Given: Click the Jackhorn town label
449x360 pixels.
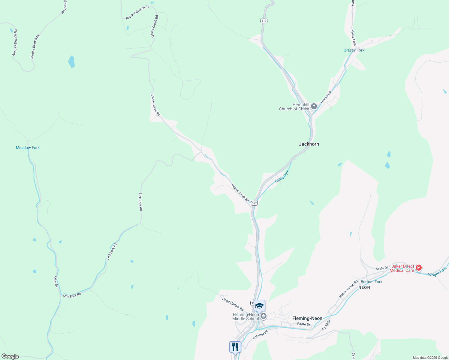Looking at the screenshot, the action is click(309, 144).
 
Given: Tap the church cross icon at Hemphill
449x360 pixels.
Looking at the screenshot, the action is click(314, 106).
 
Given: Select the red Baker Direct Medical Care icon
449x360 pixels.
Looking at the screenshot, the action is click(419, 268).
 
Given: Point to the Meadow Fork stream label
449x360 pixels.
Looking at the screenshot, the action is click(28, 148).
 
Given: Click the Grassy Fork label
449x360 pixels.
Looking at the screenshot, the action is click(354, 50).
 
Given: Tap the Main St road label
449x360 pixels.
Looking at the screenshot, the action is click(56, 281).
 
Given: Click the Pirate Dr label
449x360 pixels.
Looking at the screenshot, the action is click(303, 324).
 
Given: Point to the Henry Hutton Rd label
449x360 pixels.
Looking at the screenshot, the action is click(348, 289).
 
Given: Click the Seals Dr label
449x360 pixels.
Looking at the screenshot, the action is click(382, 268).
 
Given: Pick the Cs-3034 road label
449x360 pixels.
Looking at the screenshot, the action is click(327, 325).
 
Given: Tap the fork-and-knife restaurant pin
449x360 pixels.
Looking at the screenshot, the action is click(235, 347).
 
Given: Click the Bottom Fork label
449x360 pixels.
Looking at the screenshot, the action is click(372, 282).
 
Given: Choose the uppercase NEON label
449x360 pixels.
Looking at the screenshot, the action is click(364, 287).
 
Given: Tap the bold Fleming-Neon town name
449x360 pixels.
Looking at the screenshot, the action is click(307, 318).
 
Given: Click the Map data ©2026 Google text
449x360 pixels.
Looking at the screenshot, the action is click(430, 358).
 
